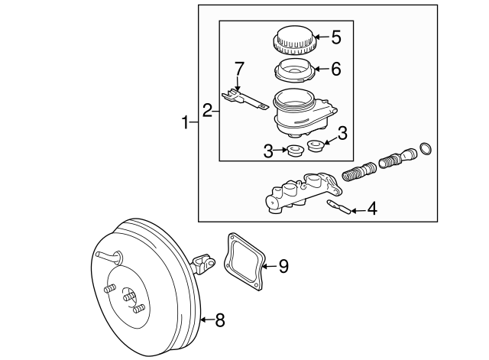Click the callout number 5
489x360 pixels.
[336, 35]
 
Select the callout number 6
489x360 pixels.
[335, 68]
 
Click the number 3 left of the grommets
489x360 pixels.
[268, 151]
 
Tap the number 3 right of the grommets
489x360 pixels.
[342, 133]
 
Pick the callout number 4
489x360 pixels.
[372, 207]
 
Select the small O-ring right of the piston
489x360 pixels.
[426, 147]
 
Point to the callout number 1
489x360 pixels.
[184, 122]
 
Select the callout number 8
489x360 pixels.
[219, 320]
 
